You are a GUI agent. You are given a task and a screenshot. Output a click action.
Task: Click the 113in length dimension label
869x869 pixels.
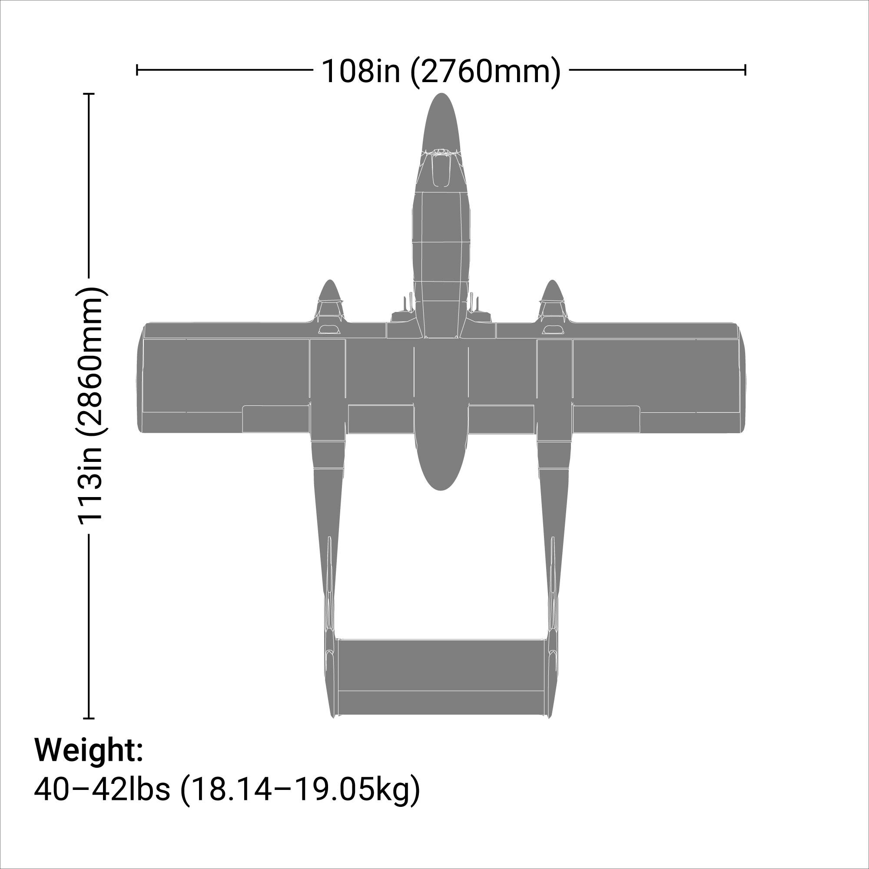(91, 405)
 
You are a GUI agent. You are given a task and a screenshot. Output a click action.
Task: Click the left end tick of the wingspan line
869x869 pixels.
(137, 70)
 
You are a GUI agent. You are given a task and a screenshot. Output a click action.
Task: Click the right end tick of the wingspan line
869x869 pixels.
(745, 70)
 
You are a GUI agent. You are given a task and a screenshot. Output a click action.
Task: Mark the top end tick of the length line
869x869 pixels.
(89, 93)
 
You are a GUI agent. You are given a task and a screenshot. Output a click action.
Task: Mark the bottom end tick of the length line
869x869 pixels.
(89, 718)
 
